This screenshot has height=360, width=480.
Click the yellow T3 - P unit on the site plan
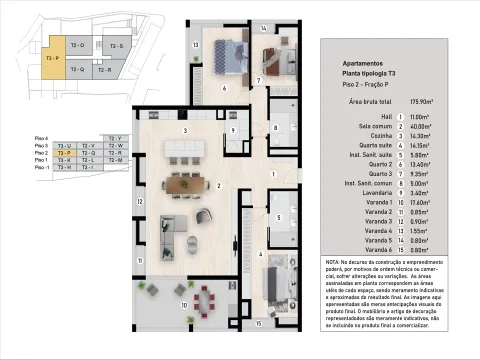tap(52, 59)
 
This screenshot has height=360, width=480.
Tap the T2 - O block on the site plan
tap(78, 45)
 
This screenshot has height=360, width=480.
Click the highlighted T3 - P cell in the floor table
tap(63, 153)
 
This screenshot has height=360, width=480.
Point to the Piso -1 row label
tap(41, 168)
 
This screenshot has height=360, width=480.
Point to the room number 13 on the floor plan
tap(196, 45)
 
